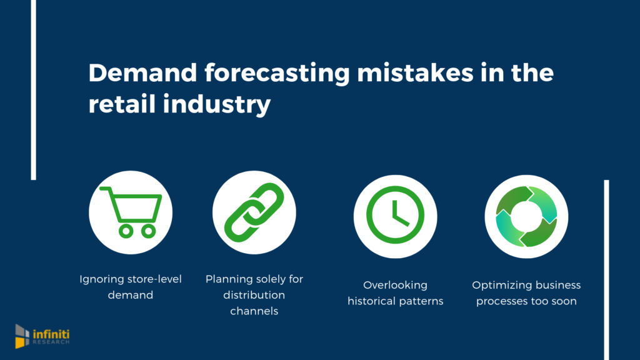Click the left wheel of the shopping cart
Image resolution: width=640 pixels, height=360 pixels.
[125, 231]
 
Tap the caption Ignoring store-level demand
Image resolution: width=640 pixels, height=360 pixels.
[131, 286]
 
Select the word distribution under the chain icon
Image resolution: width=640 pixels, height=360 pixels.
[254, 294]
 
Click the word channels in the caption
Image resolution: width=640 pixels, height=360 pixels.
[254, 310]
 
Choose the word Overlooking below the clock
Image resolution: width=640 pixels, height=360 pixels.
[395, 285]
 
